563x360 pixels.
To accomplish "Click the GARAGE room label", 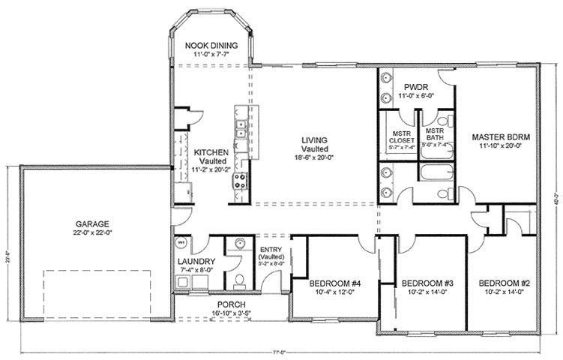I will [92, 223].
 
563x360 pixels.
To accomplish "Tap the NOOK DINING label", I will [211, 45].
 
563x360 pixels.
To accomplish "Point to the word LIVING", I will [313, 140].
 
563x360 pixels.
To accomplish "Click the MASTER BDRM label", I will [502, 137].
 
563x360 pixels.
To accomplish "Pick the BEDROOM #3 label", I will [427, 283].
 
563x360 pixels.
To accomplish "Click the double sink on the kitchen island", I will [242, 129].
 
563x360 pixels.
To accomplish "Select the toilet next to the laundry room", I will [238, 280].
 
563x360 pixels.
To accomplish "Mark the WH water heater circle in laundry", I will [181, 243].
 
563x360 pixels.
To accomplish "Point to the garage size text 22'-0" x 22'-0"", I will [92, 232].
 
